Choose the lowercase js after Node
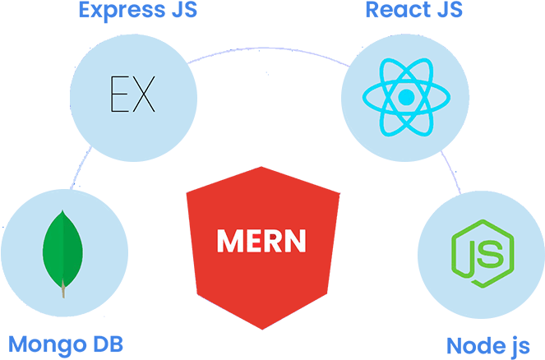(x=519, y=346)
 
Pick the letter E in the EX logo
(x=120, y=95)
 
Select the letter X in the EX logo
(x=144, y=95)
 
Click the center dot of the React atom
(x=404, y=98)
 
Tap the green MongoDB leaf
(x=62, y=247)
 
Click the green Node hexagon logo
(x=482, y=255)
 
